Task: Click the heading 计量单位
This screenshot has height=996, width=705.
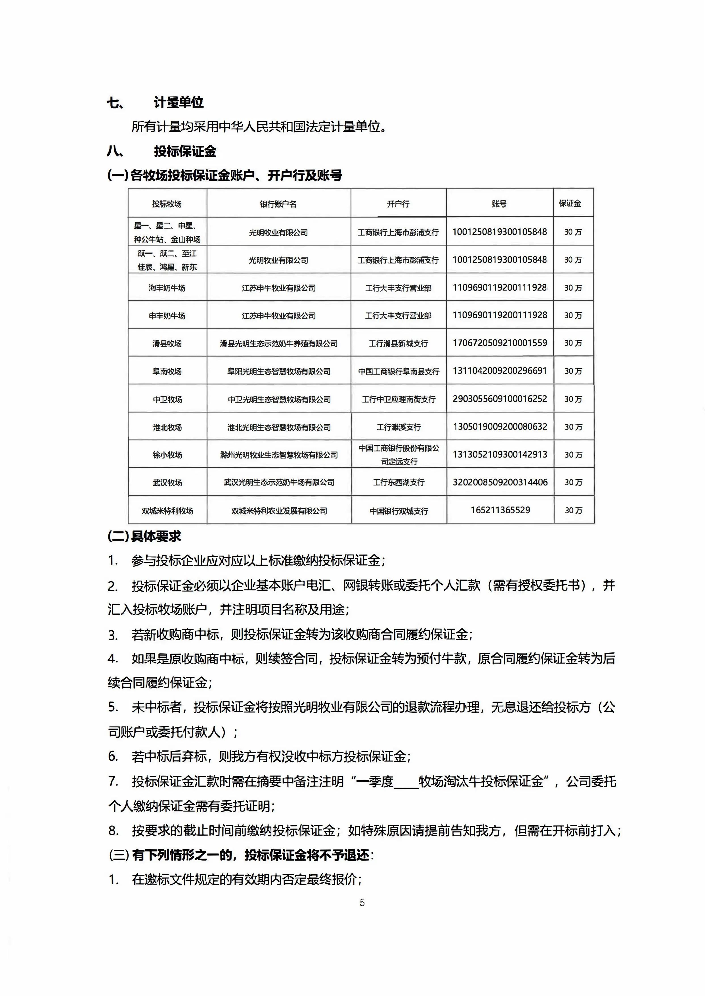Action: (x=179, y=103)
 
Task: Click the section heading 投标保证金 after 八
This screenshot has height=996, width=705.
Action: (x=185, y=152)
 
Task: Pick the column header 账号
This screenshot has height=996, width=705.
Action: (x=499, y=204)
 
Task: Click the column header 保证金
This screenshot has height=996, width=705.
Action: (x=570, y=203)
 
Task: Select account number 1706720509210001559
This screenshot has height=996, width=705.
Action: (x=500, y=343)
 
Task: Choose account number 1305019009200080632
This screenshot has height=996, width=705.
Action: (x=500, y=427)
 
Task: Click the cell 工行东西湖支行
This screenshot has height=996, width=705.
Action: (x=398, y=482)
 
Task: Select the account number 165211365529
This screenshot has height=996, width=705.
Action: (x=500, y=510)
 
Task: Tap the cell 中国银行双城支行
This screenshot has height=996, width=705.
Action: (x=398, y=511)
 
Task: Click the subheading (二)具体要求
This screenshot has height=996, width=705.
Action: (x=144, y=537)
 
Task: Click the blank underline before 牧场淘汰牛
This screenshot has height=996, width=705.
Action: (x=406, y=782)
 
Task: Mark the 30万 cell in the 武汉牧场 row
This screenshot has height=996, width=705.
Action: (x=573, y=482)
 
